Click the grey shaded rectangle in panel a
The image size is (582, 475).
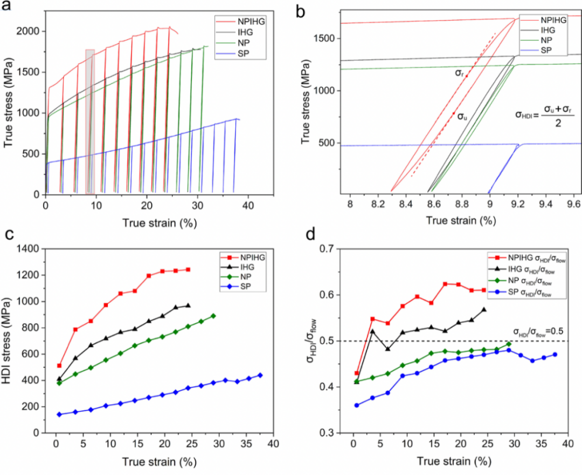pyautogui.click(x=90, y=121)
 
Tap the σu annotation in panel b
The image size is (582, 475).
pyautogui.click(x=462, y=116)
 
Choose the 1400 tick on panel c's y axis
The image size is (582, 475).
pyautogui.click(x=38, y=249)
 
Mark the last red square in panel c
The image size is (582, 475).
pyautogui.click(x=188, y=269)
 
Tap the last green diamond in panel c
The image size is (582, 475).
pyautogui.click(x=213, y=316)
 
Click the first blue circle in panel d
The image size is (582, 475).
pyautogui.click(x=356, y=405)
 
